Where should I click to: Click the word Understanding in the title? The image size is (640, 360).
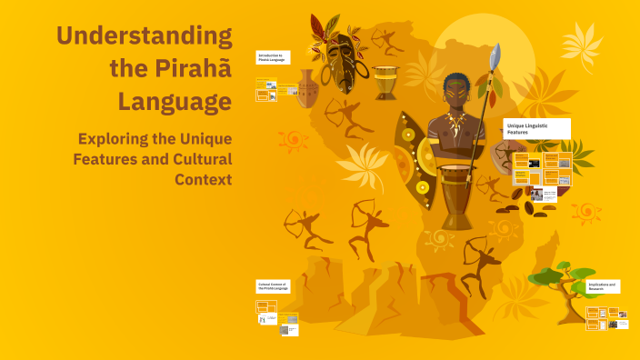tap(144, 36)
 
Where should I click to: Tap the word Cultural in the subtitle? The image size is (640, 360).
tap(195, 158)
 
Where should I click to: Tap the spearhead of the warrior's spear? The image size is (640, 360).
tap(495, 57)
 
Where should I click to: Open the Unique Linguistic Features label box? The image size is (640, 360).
tap(537, 129)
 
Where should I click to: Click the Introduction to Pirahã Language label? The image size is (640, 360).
tap(274, 57)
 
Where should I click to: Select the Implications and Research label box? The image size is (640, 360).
tap(603, 285)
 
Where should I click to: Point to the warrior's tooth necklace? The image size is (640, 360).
tap(455, 122)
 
